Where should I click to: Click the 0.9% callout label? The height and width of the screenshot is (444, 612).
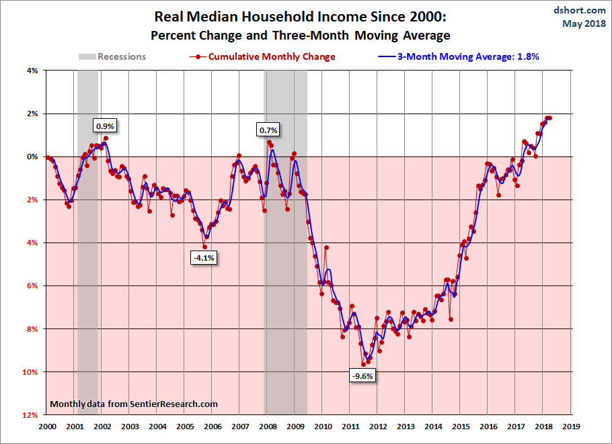tap(105, 126)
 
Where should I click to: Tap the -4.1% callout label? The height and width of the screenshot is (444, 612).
tap(203, 257)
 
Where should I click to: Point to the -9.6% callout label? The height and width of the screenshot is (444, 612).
tap(362, 376)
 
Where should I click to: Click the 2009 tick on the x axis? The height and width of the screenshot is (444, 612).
tap(295, 427)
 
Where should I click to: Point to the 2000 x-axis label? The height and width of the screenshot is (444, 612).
tap(47, 427)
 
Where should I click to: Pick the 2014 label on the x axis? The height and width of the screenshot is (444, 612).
tap(433, 427)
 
